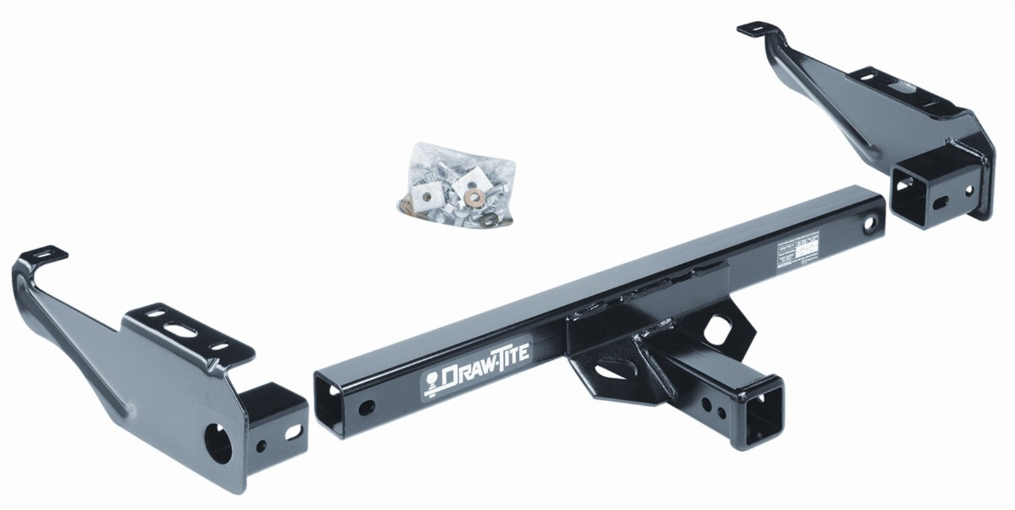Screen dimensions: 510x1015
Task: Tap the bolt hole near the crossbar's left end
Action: [366, 407]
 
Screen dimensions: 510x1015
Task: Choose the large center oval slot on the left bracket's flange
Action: [183, 329]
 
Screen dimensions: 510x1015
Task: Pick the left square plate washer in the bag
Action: [428, 197]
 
